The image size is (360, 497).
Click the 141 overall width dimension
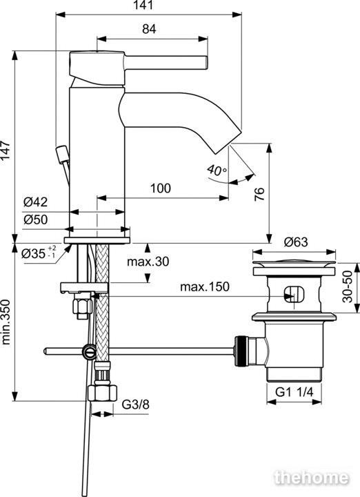(x=143, y=5)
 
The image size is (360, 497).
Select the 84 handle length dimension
(x=149, y=29)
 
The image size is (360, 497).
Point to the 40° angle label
(x=217, y=170)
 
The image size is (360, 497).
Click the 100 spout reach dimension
(x=160, y=188)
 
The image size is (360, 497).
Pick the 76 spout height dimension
(x=259, y=194)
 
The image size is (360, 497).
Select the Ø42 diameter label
(x=35, y=202)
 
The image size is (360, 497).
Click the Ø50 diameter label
(x=35, y=220)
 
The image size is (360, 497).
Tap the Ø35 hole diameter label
(x=39, y=253)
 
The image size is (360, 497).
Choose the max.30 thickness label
(x=148, y=262)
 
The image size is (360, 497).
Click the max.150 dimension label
(x=205, y=286)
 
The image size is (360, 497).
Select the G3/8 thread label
(x=135, y=405)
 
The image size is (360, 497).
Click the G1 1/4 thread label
(x=294, y=392)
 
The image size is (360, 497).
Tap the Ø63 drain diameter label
(x=296, y=242)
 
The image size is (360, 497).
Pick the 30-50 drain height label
(x=348, y=286)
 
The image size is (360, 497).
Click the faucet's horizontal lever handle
(x=166, y=62)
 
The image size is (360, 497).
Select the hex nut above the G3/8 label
(x=102, y=393)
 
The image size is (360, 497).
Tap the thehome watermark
(x=312, y=478)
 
